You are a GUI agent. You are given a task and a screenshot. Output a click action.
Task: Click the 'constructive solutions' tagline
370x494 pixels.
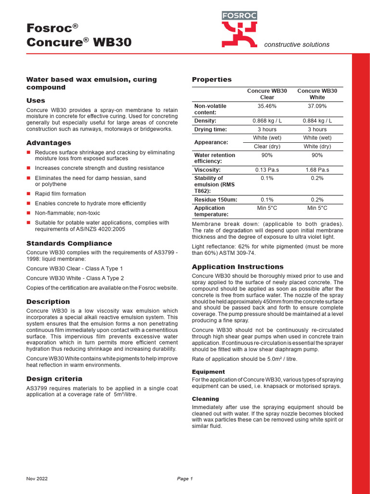[x=297, y=45]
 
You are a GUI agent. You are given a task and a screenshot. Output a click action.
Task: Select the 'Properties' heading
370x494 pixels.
[x=211, y=80]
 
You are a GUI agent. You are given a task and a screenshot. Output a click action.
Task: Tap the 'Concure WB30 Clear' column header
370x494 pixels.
[x=267, y=94]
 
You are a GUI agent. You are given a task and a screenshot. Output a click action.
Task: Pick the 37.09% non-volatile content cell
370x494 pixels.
[x=317, y=106]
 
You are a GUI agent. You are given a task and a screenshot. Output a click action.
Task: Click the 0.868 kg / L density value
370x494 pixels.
[x=267, y=121]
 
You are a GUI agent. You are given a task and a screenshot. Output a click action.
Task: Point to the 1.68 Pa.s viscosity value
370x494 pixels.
[x=317, y=170]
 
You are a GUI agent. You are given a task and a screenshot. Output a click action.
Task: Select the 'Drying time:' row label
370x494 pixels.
[x=210, y=130]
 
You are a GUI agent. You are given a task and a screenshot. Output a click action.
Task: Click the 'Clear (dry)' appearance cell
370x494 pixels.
[x=267, y=147]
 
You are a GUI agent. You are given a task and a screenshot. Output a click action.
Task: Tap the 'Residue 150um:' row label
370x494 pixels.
[x=215, y=200]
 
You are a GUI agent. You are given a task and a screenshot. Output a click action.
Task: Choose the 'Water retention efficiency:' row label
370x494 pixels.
[x=214, y=158]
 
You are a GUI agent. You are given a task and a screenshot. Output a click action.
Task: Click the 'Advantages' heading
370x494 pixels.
[x=49, y=143]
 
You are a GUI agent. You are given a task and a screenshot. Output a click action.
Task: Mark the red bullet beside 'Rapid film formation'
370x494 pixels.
[x=28, y=194]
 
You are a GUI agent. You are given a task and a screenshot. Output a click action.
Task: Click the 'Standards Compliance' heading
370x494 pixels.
[x=69, y=244]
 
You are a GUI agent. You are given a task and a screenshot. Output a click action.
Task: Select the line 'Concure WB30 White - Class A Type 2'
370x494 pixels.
[x=75, y=278]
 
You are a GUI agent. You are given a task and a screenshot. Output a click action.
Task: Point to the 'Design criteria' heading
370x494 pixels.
[x=54, y=379]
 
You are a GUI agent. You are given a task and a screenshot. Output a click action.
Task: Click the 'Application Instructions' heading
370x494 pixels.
[x=238, y=267]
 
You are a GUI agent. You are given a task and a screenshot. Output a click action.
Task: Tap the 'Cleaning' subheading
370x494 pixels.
[x=205, y=399]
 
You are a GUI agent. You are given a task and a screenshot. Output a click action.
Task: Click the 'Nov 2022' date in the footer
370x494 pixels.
[x=37, y=479]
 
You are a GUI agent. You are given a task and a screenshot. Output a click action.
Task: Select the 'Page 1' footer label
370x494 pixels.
[x=185, y=479]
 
